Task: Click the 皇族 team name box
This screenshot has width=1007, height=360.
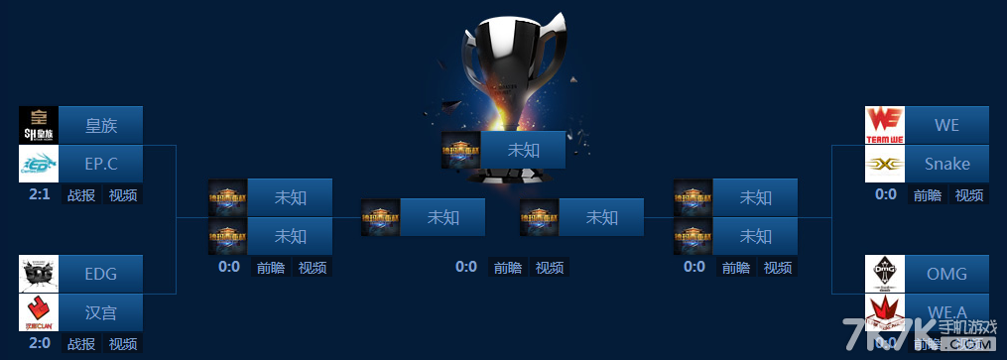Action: (102, 125)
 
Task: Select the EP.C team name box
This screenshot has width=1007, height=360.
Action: (102, 164)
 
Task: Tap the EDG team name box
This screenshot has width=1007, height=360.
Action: (102, 274)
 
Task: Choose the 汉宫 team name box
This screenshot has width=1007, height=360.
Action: (102, 312)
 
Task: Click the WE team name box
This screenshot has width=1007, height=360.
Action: (946, 125)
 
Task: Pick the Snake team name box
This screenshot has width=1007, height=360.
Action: (946, 164)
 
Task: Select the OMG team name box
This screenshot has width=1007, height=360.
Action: (946, 274)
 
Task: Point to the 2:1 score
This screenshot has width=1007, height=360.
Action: (40, 194)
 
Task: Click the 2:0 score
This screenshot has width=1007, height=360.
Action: (40, 343)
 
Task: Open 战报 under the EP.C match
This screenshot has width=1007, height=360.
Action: (81, 194)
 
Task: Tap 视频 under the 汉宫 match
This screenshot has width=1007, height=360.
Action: (123, 344)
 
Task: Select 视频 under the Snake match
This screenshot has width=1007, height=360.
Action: (968, 195)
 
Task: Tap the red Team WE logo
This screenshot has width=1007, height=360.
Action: (885, 125)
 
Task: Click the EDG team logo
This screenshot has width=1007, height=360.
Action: (40, 274)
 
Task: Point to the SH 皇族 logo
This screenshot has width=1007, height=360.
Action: (40, 125)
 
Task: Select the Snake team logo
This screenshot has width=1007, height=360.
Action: (885, 164)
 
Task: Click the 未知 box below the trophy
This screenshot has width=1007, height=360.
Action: (523, 150)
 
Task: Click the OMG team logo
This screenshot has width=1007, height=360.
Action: (885, 274)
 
